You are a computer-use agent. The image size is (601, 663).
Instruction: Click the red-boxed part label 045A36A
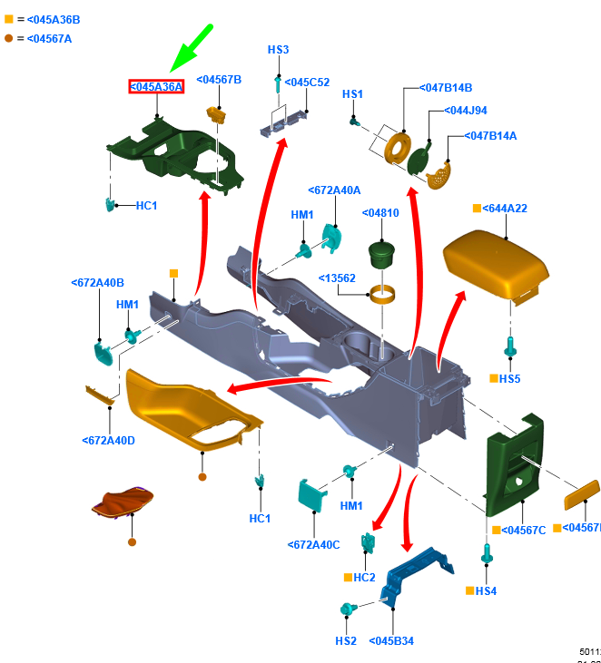tap(156, 86)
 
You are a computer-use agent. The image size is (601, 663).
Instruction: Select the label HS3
tap(278, 49)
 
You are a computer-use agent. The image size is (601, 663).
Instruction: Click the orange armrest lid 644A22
tap(497, 262)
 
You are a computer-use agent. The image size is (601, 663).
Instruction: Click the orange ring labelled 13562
tap(385, 295)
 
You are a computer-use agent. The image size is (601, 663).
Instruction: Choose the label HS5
tap(509, 378)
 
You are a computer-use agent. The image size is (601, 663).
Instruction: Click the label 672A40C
tap(314, 544)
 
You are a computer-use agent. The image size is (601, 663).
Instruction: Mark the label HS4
tap(486, 591)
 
